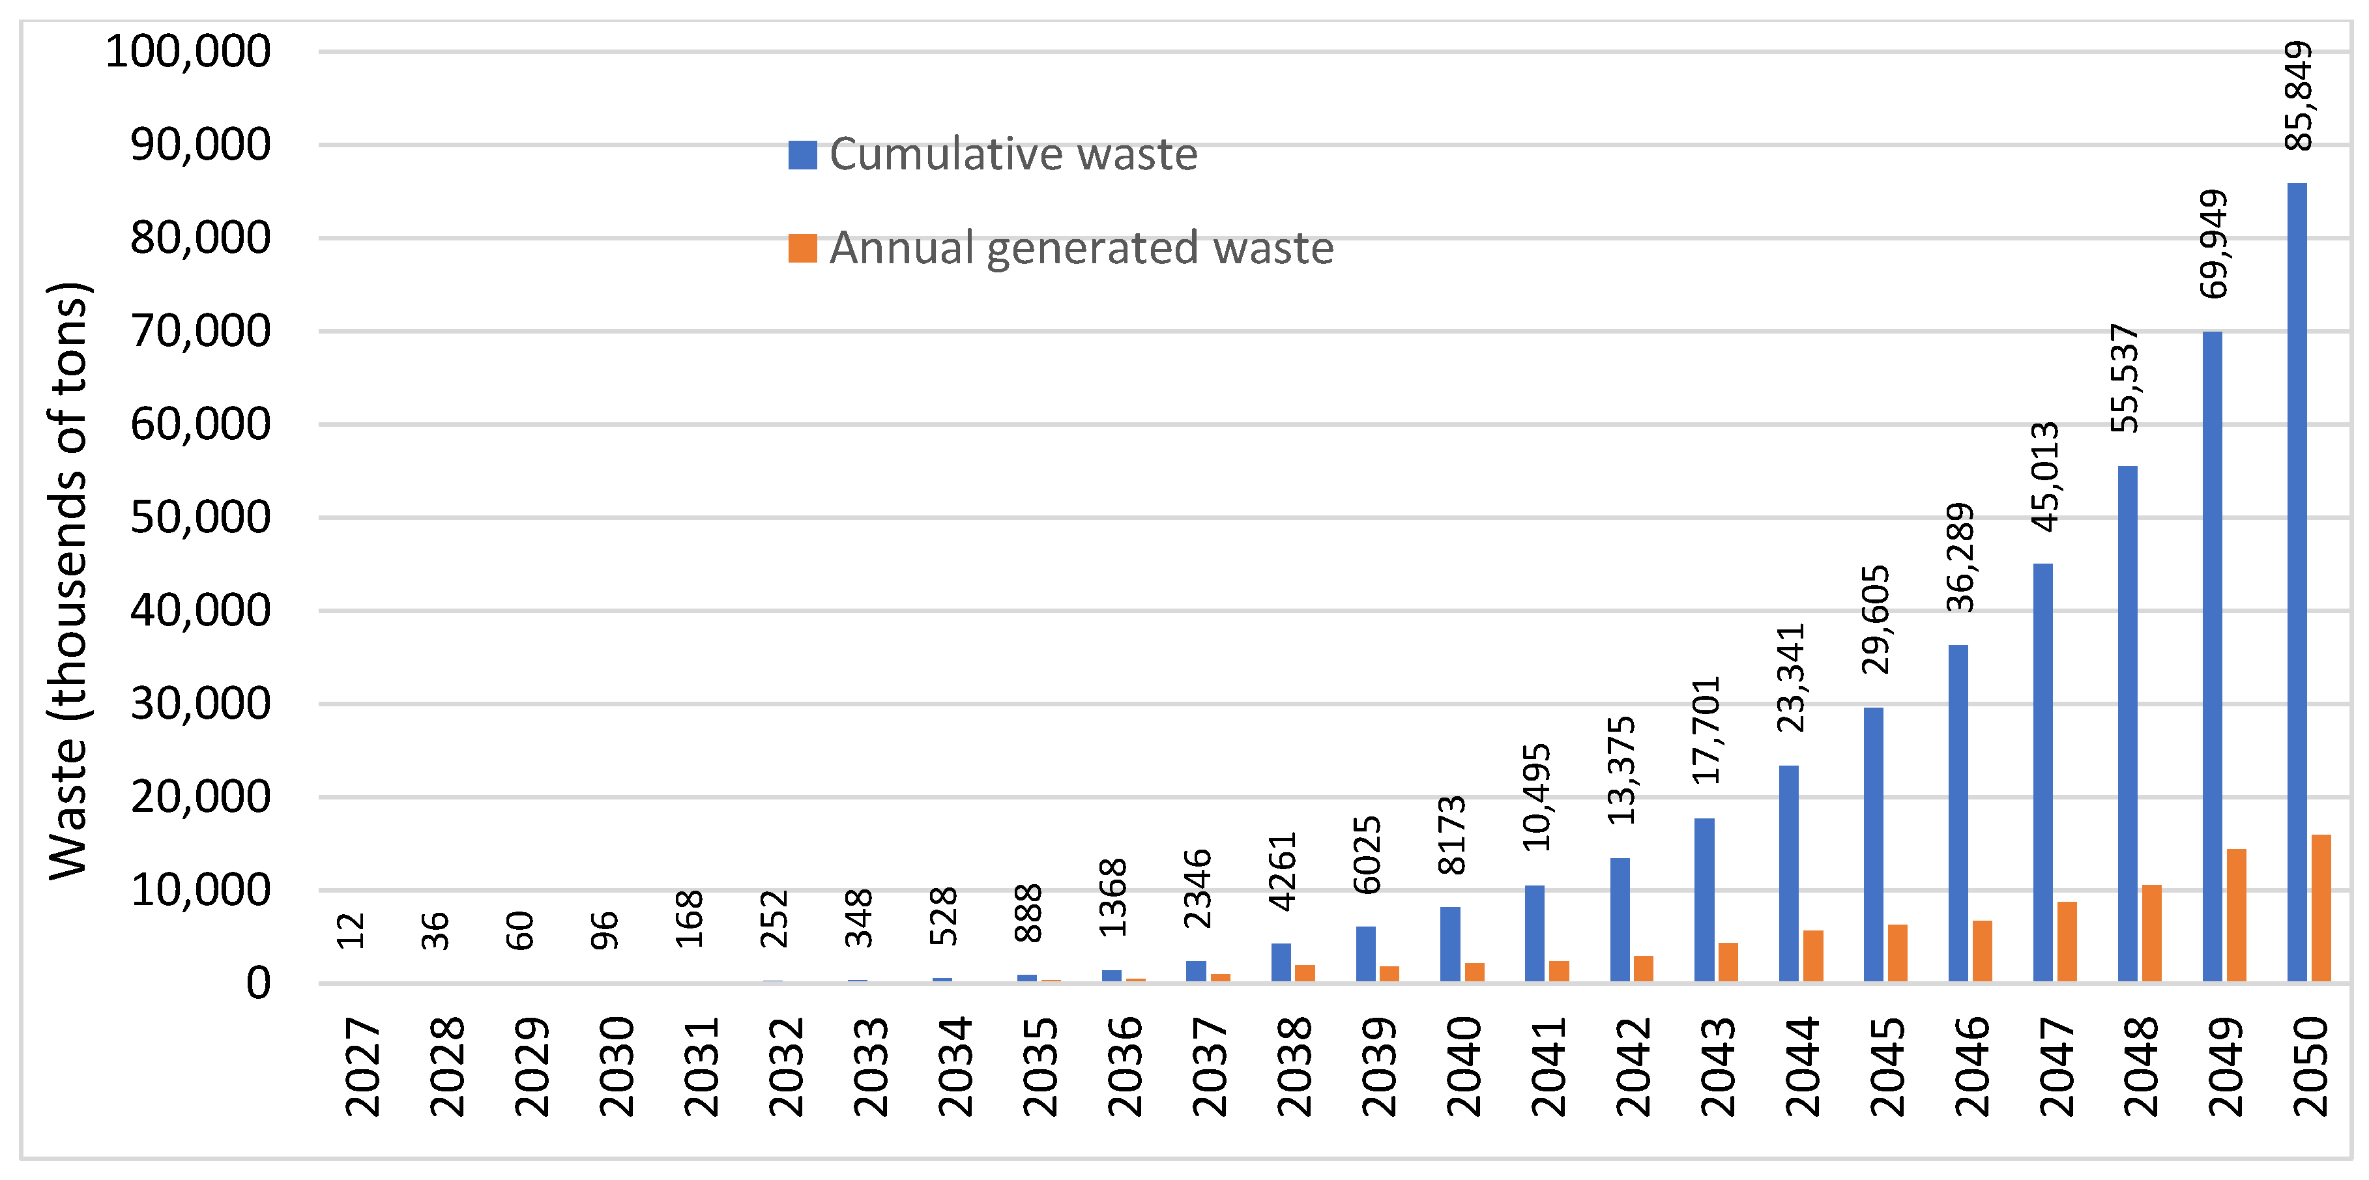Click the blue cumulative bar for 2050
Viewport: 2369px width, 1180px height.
click(2297, 583)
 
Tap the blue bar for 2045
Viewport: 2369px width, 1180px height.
click(1873, 844)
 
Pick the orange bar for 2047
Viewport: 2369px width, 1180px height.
click(2067, 941)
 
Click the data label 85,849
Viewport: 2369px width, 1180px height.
click(2298, 96)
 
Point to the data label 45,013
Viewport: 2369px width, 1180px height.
click(2044, 476)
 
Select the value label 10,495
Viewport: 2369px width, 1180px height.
click(1536, 796)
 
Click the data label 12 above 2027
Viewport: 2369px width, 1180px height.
click(351, 930)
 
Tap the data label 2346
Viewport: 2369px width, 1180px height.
click(1197, 889)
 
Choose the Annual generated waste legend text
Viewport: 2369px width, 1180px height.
click(1081, 248)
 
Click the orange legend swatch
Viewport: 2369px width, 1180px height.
click(802, 248)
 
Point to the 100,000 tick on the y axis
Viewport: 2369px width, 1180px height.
click(188, 51)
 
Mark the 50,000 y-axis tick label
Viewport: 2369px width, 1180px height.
click(201, 518)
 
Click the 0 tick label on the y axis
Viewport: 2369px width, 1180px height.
click(259, 983)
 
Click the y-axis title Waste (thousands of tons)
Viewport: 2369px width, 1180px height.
click(69, 581)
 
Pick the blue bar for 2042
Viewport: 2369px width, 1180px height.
click(1620, 920)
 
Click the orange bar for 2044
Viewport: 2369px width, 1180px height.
click(1812, 956)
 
